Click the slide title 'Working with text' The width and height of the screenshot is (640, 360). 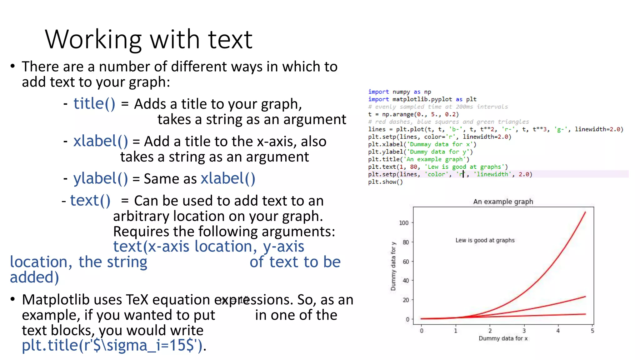coord(148,40)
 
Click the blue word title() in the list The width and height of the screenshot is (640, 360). coord(94,103)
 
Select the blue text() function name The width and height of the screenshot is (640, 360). coord(90,200)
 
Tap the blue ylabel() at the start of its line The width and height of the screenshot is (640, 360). coord(100,178)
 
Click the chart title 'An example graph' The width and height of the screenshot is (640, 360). coord(503,202)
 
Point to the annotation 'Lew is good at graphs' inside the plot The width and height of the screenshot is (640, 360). coord(485,240)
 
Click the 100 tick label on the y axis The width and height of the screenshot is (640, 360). coord(403,223)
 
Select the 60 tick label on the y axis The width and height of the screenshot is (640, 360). coord(405,262)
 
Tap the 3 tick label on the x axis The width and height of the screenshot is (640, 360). coord(524,331)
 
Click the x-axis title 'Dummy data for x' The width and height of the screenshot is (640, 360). coord(503,338)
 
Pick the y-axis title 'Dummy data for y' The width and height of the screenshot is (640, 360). coord(393,266)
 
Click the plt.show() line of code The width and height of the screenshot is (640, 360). coord(385,182)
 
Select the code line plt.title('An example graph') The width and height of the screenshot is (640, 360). coord(418,159)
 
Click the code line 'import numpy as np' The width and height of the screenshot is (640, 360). coord(399,92)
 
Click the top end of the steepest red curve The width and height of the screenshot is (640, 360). coord(585,212)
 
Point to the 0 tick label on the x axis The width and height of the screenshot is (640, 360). coord(422,331)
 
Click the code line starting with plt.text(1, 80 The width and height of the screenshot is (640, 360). coord(437,167)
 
